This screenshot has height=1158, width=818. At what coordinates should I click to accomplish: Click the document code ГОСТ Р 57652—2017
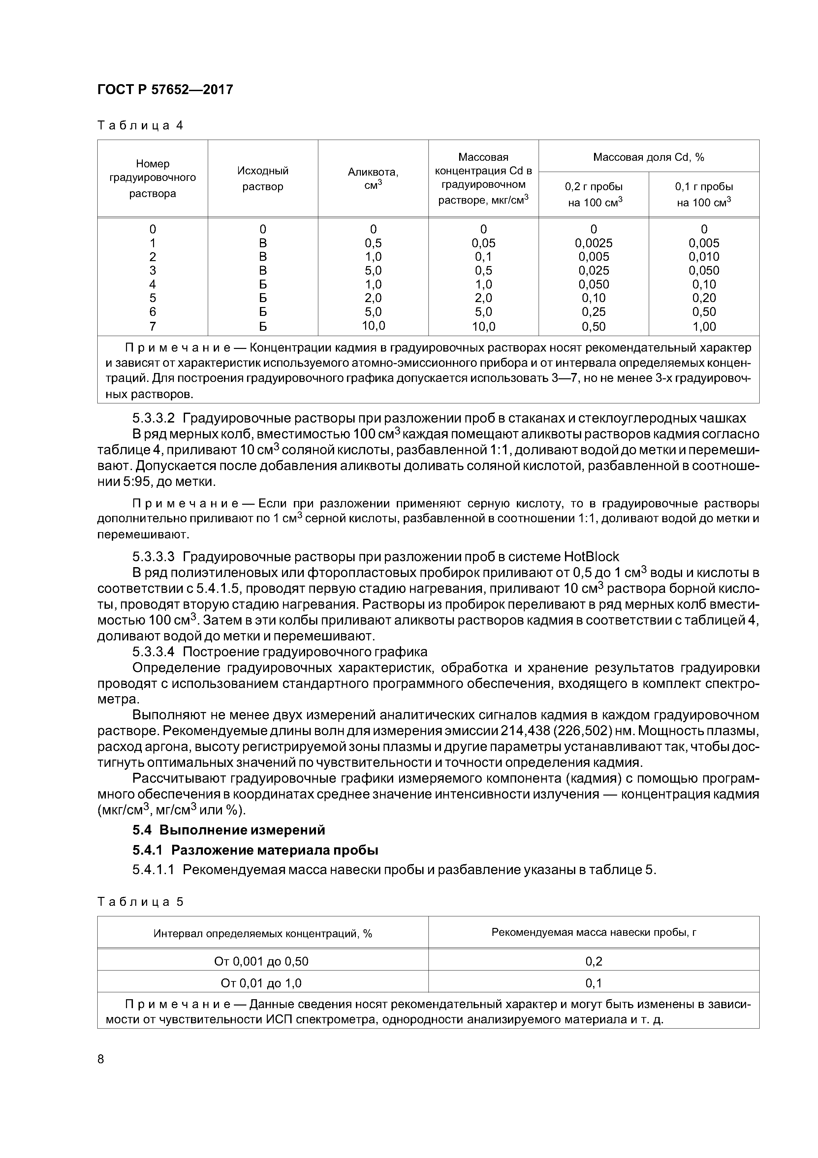tap(165, 90)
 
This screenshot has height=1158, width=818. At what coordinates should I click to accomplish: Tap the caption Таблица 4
tap(140, 125)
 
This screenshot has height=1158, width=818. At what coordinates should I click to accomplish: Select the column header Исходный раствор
tap(263, 179)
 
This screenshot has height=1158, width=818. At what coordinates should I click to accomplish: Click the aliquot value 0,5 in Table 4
tap(373, 243)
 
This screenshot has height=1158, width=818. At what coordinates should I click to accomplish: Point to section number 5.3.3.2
tap(153, 418)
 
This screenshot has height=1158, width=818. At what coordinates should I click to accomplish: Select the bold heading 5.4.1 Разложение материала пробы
tap(255, 850)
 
